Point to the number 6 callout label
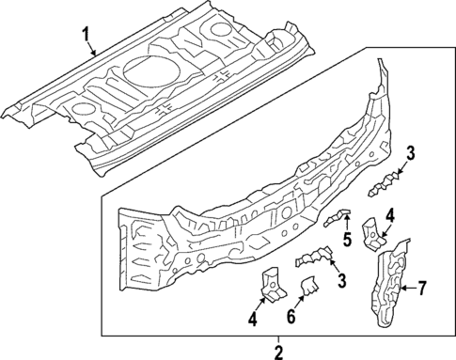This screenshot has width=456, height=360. (291, 318)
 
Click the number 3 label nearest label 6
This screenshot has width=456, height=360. (340, 279)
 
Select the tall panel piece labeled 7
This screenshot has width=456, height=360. (389, 287)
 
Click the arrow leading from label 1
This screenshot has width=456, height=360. (95, 52)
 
